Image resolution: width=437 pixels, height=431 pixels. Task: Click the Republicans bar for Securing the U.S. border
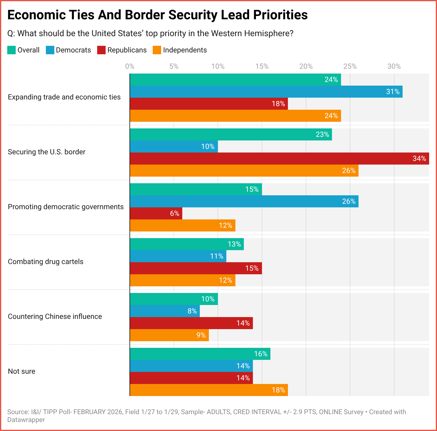click(279, 159)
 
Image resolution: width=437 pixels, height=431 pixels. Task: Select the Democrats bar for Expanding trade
click(266, 92)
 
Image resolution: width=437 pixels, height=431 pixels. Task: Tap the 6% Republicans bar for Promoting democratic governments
click(156, 213)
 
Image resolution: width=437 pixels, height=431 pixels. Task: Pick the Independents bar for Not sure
click(209, 390)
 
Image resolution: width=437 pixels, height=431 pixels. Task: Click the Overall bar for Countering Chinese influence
click(174, 299)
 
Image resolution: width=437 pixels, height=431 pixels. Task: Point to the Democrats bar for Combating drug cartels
click(178, 256)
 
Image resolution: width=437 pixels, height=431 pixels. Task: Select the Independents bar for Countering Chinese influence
click(169, 335)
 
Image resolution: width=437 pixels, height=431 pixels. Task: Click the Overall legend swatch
click(11, 50)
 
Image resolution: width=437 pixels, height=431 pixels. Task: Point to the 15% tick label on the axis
click(262, 67)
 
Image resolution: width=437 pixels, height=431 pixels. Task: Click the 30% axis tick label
click(394, 67)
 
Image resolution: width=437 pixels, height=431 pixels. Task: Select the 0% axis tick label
click(130, 67)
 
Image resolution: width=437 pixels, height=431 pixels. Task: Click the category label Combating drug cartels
click(46, 262)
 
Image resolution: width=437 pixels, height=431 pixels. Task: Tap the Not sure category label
click(21, 371)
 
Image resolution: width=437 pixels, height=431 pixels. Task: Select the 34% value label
click(419, 159)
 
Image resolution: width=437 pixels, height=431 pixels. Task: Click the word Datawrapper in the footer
click(26, 420)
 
